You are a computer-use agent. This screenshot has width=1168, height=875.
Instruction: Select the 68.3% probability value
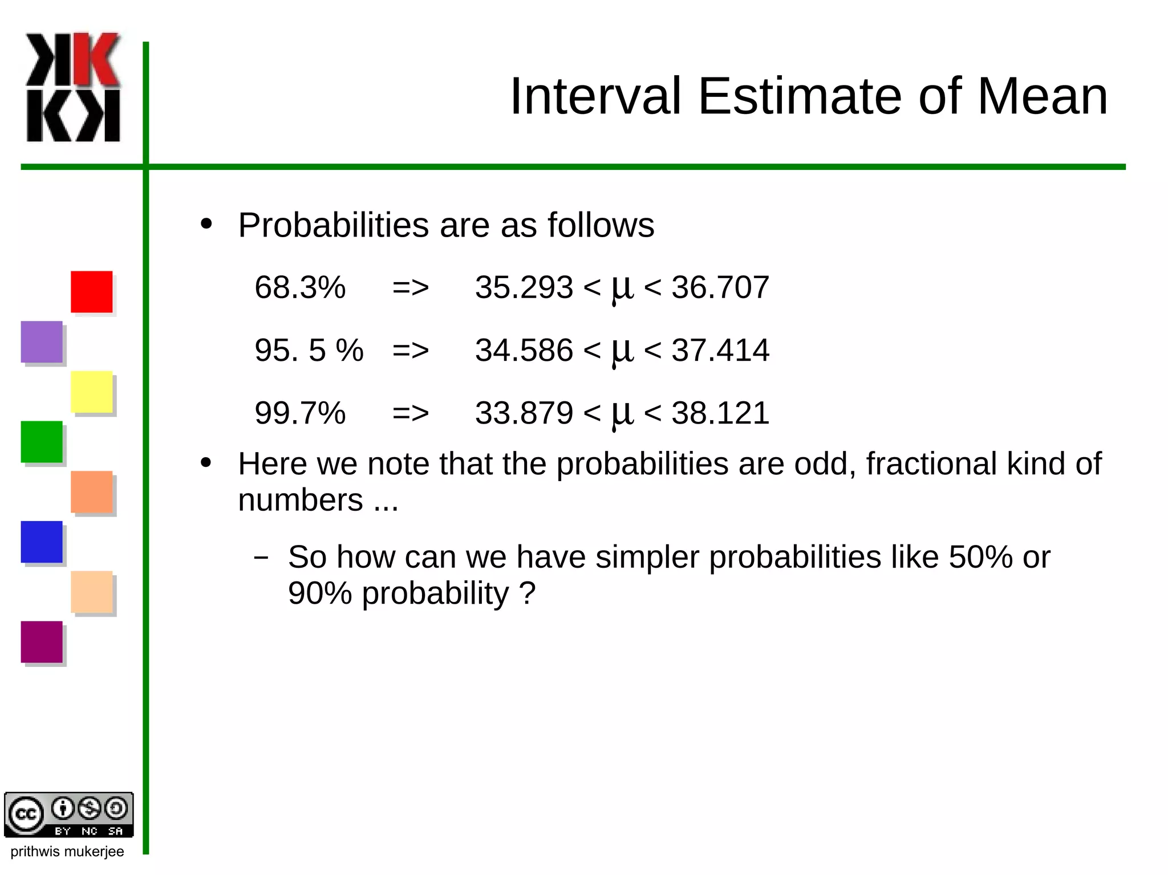tap(300, 287)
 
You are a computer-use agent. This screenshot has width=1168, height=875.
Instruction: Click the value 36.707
tap(720, 287)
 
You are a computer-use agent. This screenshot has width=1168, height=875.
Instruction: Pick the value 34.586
tap(524, 350)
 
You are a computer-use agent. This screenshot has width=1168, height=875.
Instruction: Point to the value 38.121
tap(720, 413)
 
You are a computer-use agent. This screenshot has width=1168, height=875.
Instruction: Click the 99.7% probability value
tap(300, 413)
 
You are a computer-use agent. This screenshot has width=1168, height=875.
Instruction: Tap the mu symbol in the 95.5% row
tap(622, 351)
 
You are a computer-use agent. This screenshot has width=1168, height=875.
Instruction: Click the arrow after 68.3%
tap(410, 288)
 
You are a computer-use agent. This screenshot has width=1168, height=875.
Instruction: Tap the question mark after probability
tap(528, 593)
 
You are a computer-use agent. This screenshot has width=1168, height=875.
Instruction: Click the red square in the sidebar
tap(91, 291)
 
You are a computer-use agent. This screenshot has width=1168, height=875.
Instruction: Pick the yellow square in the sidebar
tap(91, 392)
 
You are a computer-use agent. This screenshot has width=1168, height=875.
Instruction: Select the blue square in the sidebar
tap(42, 542)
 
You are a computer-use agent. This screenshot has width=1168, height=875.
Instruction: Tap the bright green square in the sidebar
tap(42, 442)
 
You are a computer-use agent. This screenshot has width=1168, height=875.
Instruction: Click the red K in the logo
tap(97, 59)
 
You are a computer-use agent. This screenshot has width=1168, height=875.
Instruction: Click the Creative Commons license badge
tap(68, 815)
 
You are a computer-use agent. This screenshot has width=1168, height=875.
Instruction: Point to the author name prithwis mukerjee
tap(67, 852)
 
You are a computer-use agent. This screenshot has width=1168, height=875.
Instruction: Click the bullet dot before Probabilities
tap(206, 224)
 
